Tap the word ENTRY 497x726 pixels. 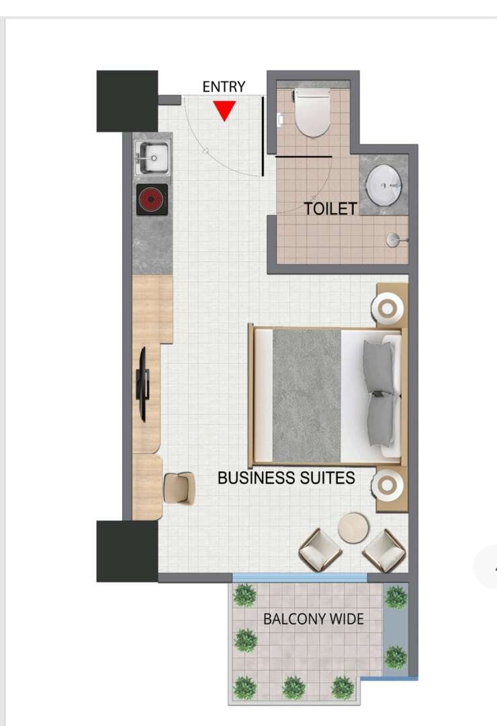coord(224,87)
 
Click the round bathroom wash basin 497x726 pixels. coord(383,186)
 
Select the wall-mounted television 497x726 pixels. coord(143,385)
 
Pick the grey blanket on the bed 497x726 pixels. coord(307,395)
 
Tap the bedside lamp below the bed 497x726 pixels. coord(388,485)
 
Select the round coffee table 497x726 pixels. coord(353,528)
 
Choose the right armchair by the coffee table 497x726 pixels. coord(384,551)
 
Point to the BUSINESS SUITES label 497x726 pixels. coord(286,478)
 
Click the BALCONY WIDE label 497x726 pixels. coord(314,619)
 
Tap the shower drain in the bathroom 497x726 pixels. coord(393,239)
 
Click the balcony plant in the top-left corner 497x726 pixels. coord(244,595)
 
